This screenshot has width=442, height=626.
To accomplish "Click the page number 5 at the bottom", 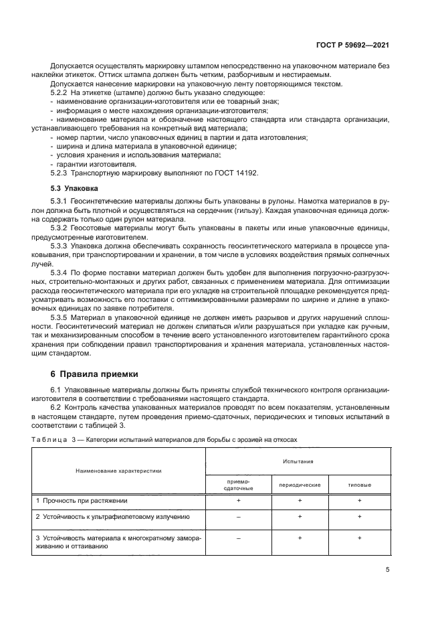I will (387, 570).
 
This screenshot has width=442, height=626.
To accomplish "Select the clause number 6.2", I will (56, 407).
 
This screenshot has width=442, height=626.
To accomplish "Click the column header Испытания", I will (298, 461).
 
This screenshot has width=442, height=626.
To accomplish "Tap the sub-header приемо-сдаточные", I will (238, 484).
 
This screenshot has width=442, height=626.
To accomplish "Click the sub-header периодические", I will (299, 484).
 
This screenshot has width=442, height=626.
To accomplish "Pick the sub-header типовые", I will (359, 484).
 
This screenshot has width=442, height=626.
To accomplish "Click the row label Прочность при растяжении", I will (85, 500).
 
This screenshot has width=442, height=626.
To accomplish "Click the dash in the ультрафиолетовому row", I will (238, 517).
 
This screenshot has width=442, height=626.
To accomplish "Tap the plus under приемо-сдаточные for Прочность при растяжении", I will (238, 500).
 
